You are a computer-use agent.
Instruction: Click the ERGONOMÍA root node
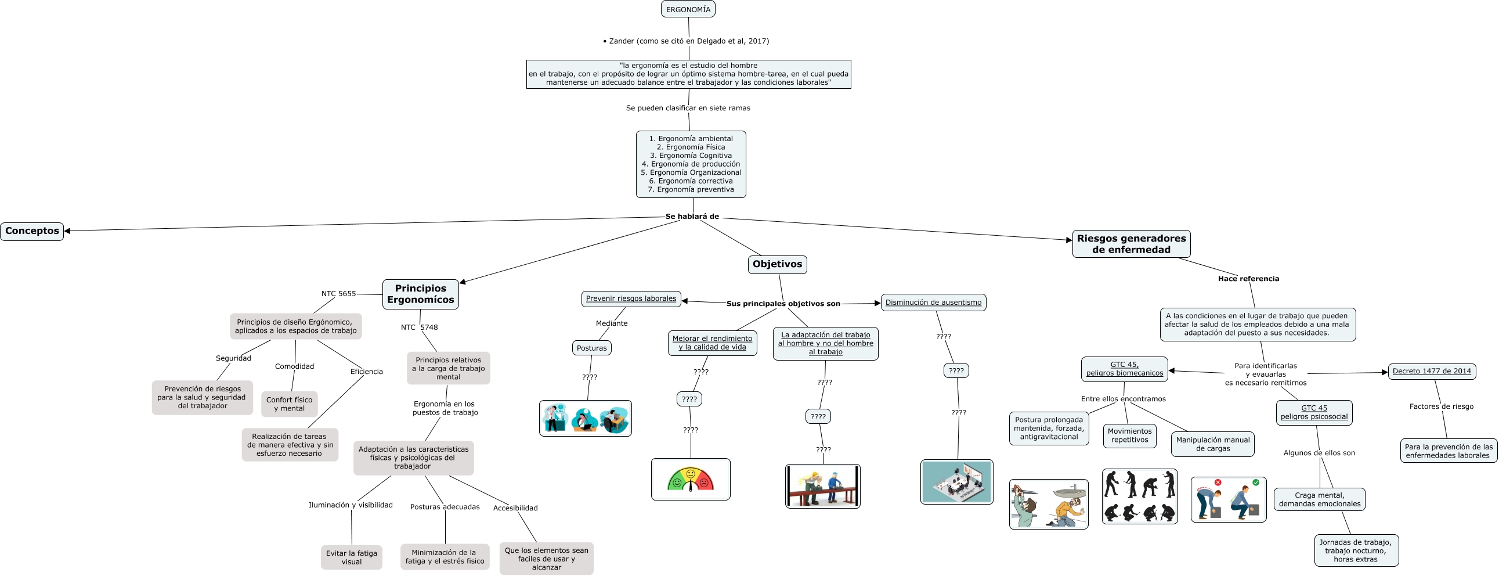tap(688, 9)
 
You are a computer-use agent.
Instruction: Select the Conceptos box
tap(32, 231)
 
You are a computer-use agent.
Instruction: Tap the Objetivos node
tap(777, 264)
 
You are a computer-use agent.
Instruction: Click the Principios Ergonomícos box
tap(420, 294)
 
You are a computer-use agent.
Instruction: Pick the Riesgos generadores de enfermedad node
tap(1130, 244)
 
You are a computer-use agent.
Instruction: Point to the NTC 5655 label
tap(338, 294)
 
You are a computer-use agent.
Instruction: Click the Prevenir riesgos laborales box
tap(631, 299)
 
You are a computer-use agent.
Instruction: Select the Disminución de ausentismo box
tap(933, 303)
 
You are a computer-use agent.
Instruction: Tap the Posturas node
tap(591, 348)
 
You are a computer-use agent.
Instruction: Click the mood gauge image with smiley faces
tap(690, 478)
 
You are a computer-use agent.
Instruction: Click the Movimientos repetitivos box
tap(1129, 435)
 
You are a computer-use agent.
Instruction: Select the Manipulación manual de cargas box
tap(1212, 444)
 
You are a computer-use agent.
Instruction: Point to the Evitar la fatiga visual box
tap(351, 557)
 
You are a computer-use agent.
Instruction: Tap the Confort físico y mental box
tap(289, 404)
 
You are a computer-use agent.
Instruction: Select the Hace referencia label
tap(1248, 279)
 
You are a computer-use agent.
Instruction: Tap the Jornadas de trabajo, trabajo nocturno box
tap(1355, 550)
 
